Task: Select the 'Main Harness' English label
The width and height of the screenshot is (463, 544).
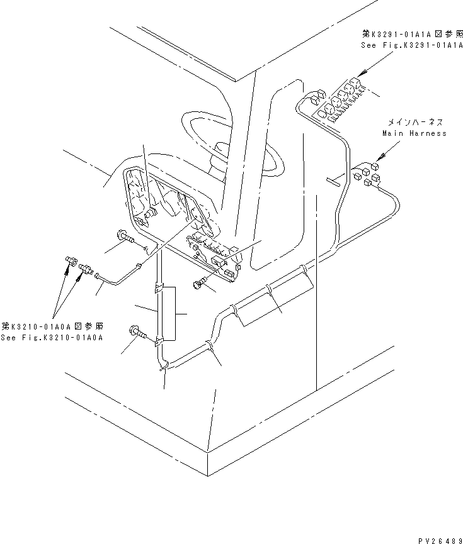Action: coord(414,133)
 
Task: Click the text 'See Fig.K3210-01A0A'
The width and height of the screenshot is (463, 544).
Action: coord(52,338)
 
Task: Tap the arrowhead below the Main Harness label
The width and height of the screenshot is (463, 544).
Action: coord(377,160)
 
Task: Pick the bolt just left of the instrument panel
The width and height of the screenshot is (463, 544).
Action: coord(124,238)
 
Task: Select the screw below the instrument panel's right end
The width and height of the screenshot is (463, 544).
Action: coord(200,283)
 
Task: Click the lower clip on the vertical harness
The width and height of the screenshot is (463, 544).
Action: coord(158,341)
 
